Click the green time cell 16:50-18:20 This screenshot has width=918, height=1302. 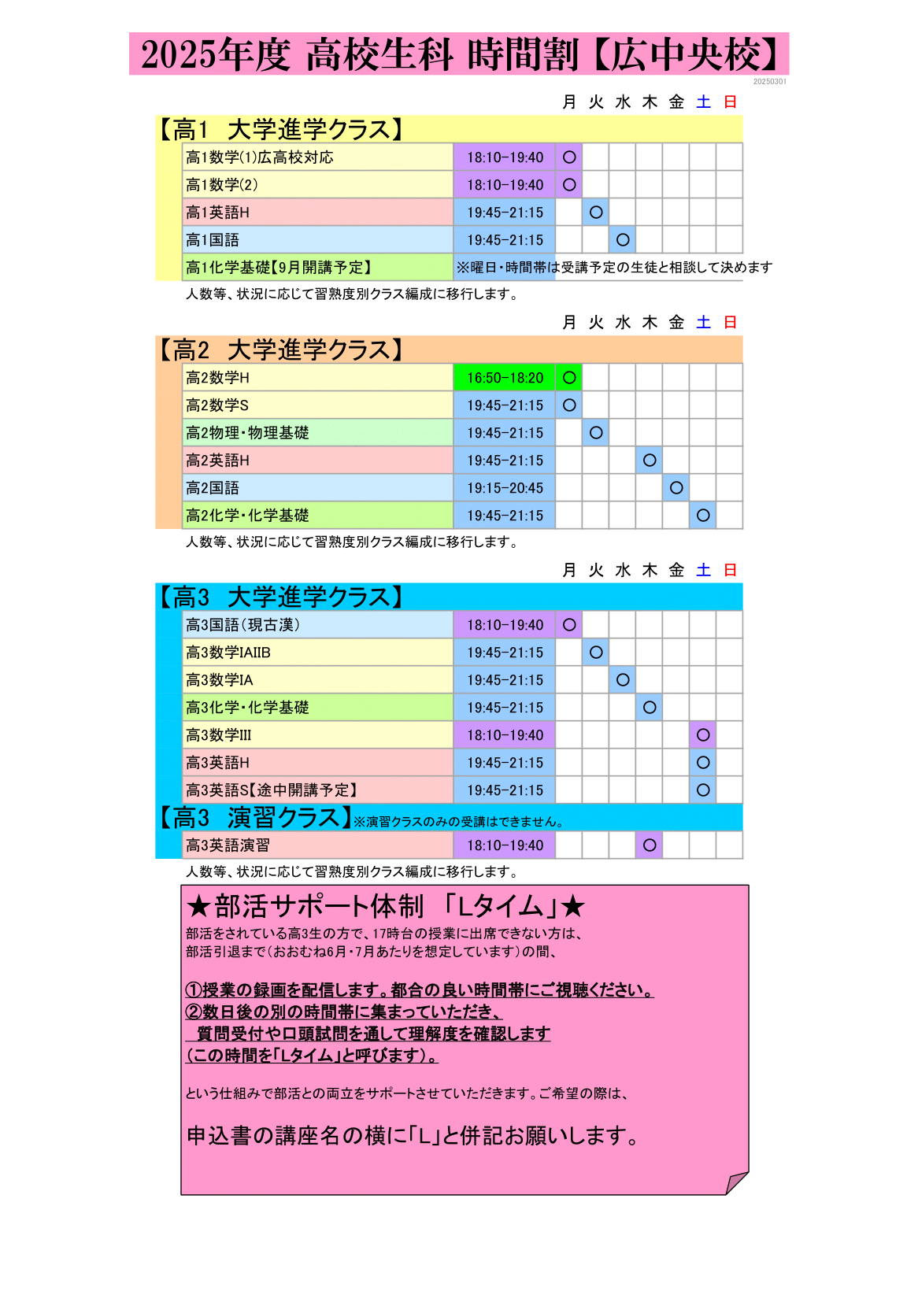[x=505, y=378]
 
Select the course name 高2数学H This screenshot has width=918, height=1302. [x=217, y=378]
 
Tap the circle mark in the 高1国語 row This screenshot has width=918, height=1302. [x=623, y=240]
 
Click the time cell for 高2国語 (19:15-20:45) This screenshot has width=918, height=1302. [x=505, y=488]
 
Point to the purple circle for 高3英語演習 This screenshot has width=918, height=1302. [x=650, y=845]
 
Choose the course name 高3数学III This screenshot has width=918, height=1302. [x=219, y=735]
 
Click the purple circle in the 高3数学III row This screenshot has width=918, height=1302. [x=703, y=735]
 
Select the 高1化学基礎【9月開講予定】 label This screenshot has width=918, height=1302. [x=279, y=268]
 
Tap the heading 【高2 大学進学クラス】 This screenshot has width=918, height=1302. [x=280, y=350]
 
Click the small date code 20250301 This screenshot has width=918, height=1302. [x=769, y=82]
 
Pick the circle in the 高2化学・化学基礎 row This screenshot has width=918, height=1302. [x=703, y=516]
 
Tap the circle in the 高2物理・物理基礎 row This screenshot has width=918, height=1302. [x=596, y=433]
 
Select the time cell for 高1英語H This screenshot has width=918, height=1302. [x=505, y=213]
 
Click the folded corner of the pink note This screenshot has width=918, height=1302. [x=736, y=1182]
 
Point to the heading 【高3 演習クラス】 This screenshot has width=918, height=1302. [x=254, y=818]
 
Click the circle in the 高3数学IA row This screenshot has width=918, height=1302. [x=623, y=680]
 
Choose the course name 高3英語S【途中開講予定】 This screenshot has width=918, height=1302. [x=272, y=790]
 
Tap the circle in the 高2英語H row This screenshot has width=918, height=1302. [x=650, y=461]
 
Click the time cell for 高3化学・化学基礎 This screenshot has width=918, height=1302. [x=505, y=708]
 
